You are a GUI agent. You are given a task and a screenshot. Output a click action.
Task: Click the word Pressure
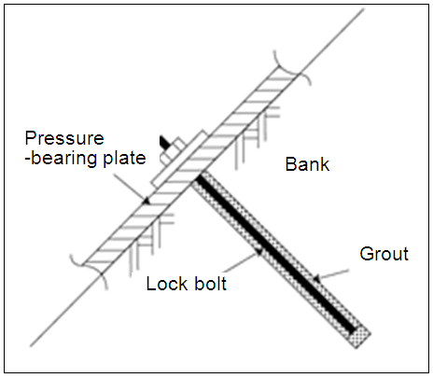point(64,138)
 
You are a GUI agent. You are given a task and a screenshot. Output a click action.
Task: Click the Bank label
point(307,164)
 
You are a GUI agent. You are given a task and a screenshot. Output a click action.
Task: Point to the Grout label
point(384,254)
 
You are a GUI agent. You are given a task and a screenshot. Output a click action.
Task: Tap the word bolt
point(211,284)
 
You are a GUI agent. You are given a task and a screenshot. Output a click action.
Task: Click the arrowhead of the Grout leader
point(316,278)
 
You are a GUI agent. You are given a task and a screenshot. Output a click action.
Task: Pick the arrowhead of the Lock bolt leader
point(260,252)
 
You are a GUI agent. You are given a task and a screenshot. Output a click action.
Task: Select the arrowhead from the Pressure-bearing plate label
point(147,201)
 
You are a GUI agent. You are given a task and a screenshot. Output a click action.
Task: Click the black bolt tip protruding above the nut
point(164,142)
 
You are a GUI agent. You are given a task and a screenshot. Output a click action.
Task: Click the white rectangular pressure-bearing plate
point(179,159)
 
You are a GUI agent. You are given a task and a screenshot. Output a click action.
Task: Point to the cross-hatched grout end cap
point(360,337)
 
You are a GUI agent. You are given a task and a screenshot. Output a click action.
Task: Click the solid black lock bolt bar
point(276,254)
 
